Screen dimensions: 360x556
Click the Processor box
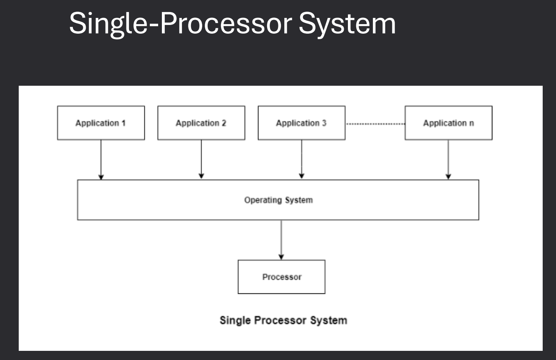[281, 277]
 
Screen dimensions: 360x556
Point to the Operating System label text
[278, 200]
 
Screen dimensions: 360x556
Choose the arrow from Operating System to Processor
[281, 239]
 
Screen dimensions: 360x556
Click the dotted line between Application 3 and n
[375, 124]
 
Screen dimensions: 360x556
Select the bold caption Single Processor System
[283, 320]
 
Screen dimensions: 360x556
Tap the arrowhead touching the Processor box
[281, 257]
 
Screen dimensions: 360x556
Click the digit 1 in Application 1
[124, 123]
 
